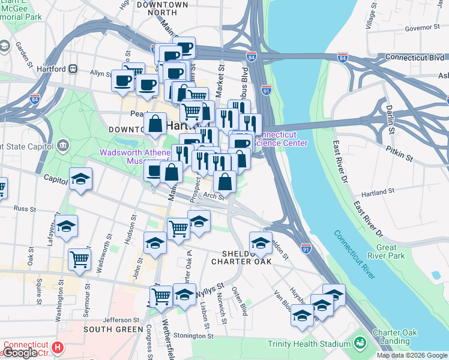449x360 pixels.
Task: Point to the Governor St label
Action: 423,28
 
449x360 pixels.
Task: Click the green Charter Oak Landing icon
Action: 360,343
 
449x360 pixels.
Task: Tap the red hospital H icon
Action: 58,347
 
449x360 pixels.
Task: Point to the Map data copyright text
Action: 412,355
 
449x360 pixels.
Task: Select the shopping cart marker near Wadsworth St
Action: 79,259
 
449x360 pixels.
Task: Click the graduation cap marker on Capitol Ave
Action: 80,179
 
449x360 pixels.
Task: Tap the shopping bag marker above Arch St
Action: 224,181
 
